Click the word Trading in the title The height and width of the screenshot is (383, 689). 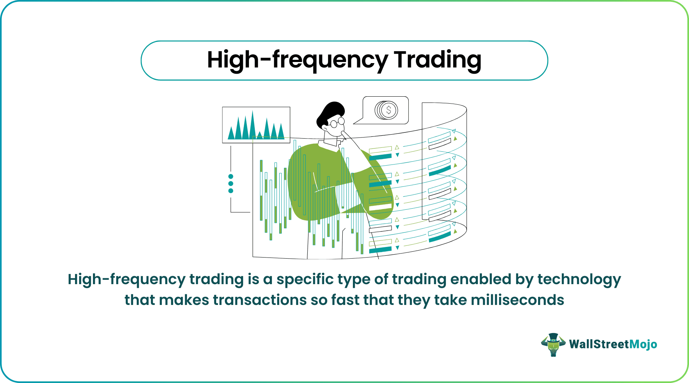[x=437, y=60]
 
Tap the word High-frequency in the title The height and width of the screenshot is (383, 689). [x=297, y=61]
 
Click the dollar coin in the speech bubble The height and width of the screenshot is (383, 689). [x=387, y=110]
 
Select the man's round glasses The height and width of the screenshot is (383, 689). [x=338, y=123]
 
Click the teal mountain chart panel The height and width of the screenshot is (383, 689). [x=256, y=125]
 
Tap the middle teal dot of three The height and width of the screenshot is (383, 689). [x=230, y=183]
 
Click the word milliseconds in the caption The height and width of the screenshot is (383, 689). [x=517, y=300]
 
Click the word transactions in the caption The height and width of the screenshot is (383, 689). [x=260, y=300]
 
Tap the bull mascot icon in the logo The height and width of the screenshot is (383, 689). [x=553, y=344]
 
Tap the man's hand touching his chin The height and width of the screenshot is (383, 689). [x=344, y=135]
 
